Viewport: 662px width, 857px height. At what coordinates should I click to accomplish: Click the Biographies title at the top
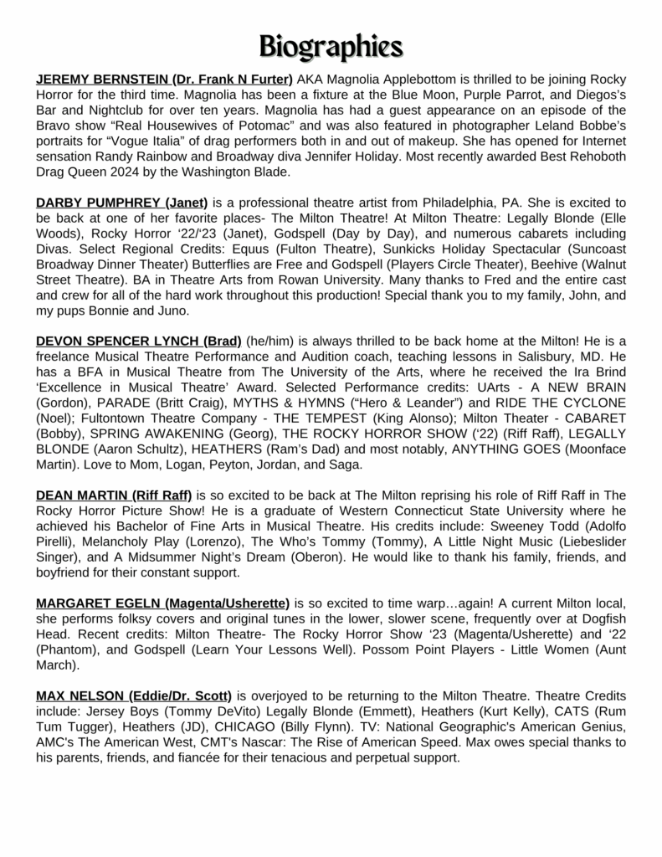tap(331, 44)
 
